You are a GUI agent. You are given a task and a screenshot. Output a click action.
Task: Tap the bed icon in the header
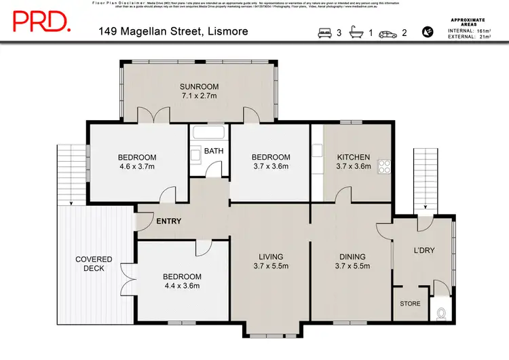coord(325,31)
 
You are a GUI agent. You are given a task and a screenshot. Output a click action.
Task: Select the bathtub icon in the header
coord(356,31)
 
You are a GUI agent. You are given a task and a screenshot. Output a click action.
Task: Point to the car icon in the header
coord(388,31)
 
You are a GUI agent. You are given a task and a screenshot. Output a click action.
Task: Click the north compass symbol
coord(428,31)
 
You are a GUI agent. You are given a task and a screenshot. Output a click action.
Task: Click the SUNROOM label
coord(199,86)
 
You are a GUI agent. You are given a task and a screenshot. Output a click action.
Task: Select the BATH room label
coord(214,151)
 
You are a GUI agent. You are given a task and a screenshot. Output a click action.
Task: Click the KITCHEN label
coord(354,157)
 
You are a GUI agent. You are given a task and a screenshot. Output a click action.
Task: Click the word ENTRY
coord(169,221)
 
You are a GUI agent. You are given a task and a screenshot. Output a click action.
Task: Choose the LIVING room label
coord(271,256)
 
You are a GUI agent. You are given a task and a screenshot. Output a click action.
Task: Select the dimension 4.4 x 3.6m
coord(182,286)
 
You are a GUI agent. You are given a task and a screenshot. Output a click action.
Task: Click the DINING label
coord(353,256)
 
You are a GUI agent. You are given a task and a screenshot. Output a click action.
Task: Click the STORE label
coord(410,304)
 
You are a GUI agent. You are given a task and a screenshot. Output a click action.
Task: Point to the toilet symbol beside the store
coord(441,312)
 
